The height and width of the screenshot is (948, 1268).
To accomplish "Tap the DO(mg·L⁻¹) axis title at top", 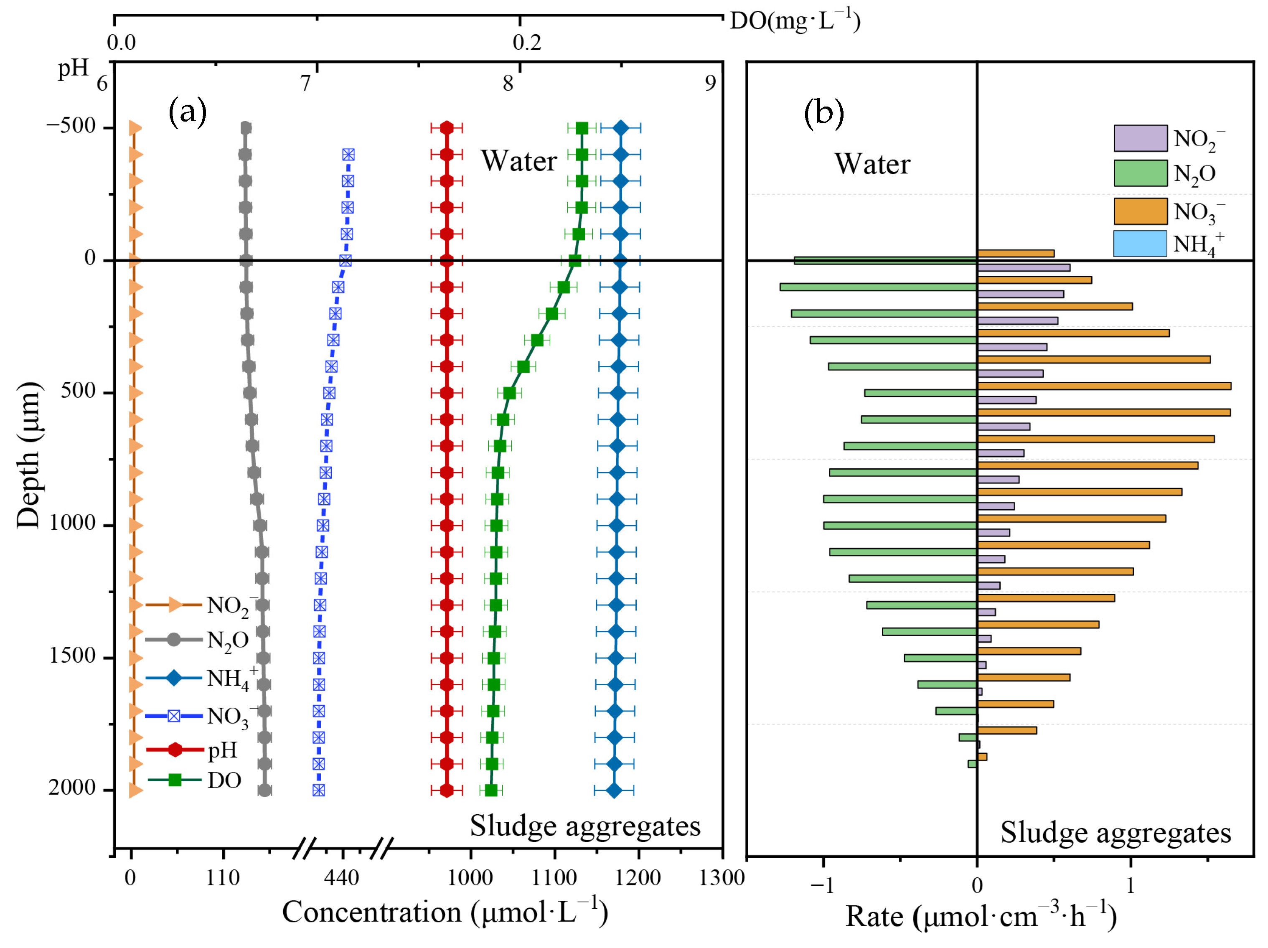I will point(795,22).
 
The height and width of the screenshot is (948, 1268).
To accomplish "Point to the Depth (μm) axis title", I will point(29,456).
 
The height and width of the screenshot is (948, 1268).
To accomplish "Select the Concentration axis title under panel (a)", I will point(445,912).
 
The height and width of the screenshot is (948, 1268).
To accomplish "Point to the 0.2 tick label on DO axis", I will point(526,43).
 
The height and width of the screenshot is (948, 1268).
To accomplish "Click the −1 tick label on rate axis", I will point(822,885).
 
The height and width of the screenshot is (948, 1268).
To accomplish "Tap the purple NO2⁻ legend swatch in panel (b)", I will point(1140,138).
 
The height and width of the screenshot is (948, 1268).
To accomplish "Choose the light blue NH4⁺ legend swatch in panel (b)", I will point(1140,244).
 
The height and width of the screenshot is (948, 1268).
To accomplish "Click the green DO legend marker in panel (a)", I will point(175,780).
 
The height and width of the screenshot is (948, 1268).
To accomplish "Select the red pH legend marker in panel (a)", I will point(175,750).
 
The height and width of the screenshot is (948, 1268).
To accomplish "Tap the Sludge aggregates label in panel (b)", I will point(1116,833).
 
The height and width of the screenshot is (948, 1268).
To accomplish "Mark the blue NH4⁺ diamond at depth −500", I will point(620,128).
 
